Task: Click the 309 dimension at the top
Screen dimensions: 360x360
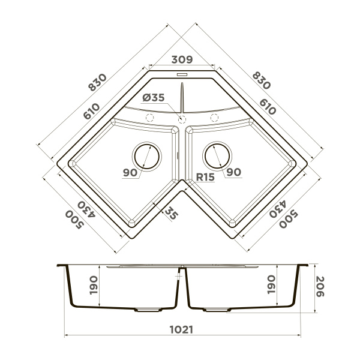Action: [x=181, y=59]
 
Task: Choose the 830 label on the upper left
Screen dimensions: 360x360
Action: [x=97, y=83]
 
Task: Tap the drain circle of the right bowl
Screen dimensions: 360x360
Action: [x=217, y=155]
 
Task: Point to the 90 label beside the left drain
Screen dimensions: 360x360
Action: [x=130, y=173]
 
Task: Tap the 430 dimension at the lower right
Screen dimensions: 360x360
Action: [x=277, y=208]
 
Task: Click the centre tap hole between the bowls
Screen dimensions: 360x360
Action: [x=181, y=119]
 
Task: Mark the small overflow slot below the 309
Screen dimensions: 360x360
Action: [x=182, y=74]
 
